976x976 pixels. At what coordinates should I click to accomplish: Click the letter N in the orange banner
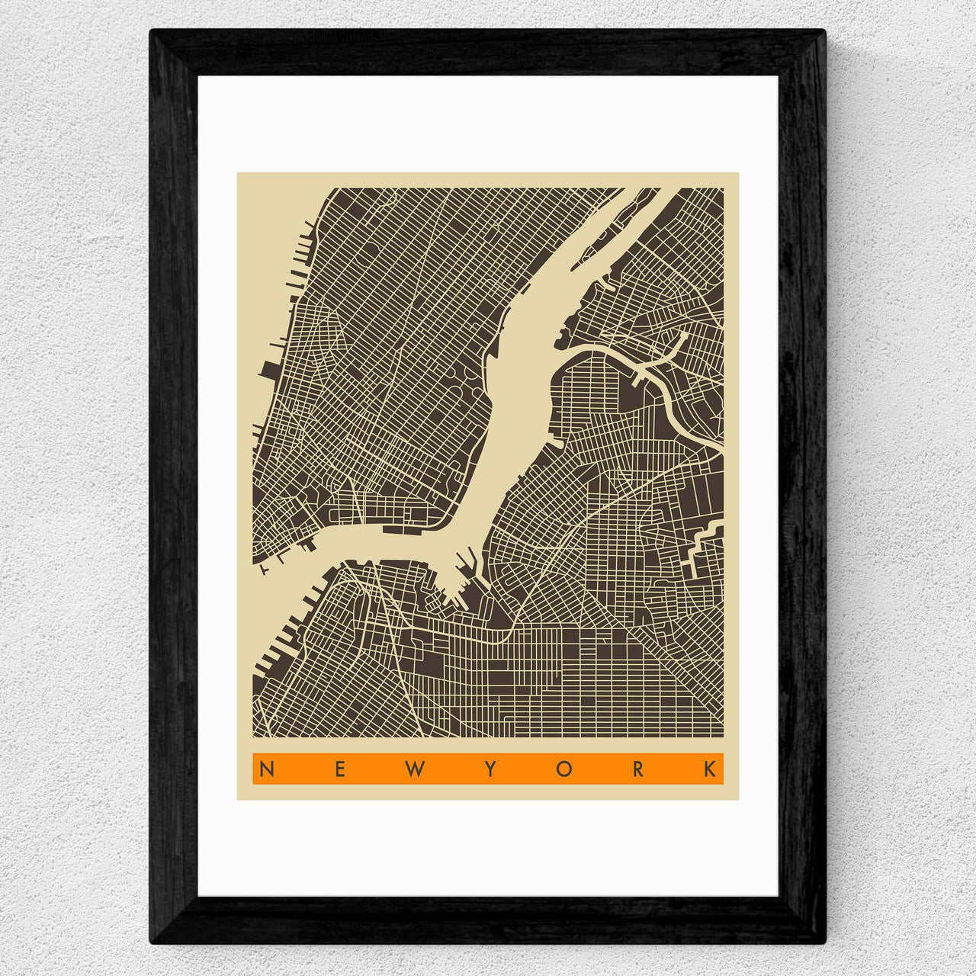pyautogui.click(x=266, y=769)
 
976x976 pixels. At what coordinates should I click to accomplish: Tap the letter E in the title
pyautogui.click(x=340, y=769)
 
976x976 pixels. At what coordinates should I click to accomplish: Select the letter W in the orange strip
pyautogui.click(x=415, y=769)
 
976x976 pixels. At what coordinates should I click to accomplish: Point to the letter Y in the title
pyautogui.click(x=490, y=769)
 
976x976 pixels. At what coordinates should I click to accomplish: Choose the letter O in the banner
pyautogui.click(x=564, y=769)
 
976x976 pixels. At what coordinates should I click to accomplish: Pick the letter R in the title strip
pyautogui.click(x=638, y=769)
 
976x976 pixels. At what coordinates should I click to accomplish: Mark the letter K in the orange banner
pyautogui.click(x=711, y=769)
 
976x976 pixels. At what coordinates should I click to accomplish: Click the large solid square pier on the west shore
pyautogui.click(x=269, y=370)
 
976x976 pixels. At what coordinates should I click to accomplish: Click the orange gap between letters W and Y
pyautogui.click(x=452, y=769)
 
